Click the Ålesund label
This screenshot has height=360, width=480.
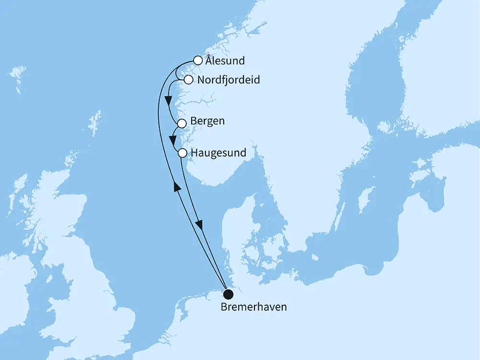pyautogui.click(x=225, y=61)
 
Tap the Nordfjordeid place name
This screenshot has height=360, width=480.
pyautogui.click(x=228, y=80)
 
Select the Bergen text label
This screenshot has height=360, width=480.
pyautogui.click(x=207, y=121)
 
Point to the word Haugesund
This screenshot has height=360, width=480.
pyautogui.click(x=218, y=153)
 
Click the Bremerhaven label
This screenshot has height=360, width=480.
pyautogui.click(x=253, y=306)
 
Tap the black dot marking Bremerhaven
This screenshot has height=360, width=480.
pyautogui.click(x=228, y=293)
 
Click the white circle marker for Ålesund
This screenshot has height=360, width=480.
pyautogui.click(x=197, y=60)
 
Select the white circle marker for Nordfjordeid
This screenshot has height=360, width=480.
pyautogui.click(x=189, y=80)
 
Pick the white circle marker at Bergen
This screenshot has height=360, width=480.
pyautogui.click(x=182, y=123)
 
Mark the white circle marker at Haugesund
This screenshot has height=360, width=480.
pyautogui.click(x=182, y=154)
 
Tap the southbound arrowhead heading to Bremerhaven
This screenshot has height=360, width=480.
pyautogui.click(x=199, y=224)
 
